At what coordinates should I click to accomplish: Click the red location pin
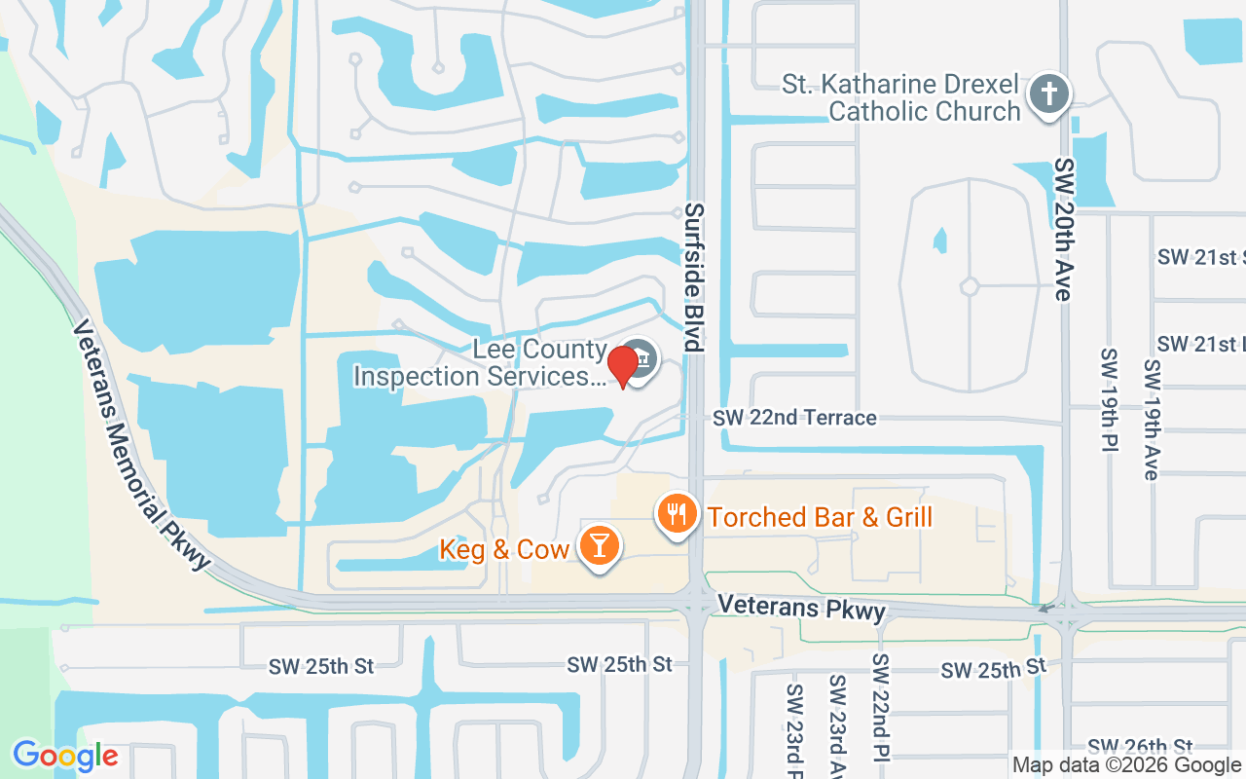click(x=623, y=366)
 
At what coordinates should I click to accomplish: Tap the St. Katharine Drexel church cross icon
click(x=1048, y=95)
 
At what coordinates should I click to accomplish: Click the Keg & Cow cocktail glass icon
click(x=599, y=546)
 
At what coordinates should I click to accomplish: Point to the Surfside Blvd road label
click(x=693, y=277)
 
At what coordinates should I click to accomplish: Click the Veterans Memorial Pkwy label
click(x=142, y=444)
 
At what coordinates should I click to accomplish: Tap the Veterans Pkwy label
click(x=802, y=608)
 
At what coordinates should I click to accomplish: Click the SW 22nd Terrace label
click(x=794, y=418)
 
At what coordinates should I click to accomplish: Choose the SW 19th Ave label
click(x=1153, y=420)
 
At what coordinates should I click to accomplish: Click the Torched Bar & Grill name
click(x=821, y=516)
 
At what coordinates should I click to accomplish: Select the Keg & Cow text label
click(x=504, y=549)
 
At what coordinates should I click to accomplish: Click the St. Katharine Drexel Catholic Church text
click(x=900, y=97)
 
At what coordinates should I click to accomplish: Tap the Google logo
click(x=65, y=756)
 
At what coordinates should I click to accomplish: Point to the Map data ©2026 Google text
click(x=1126, y=765)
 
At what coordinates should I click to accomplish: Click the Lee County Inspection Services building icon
click(x=641, y=359)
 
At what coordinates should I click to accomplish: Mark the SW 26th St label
click(x=1140, y=747)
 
